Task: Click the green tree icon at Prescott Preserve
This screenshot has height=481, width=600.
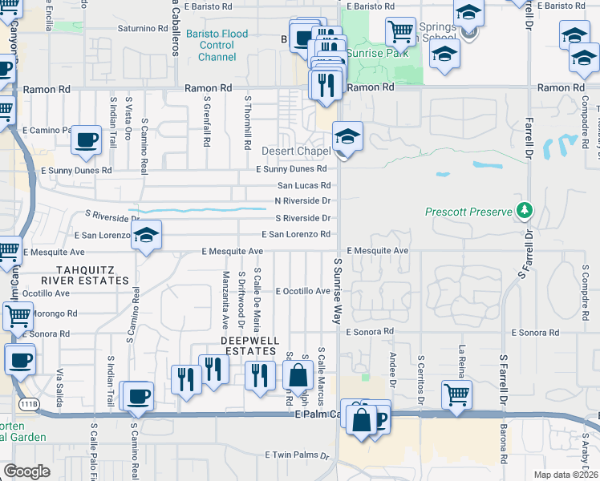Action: coord(525,211)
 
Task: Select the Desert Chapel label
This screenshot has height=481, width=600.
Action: coord(296,151)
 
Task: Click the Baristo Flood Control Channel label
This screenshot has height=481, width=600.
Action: coord(217,45)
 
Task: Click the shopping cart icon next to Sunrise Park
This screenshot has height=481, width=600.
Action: coord(399,32)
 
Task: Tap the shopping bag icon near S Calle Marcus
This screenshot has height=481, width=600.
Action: coord(298,375)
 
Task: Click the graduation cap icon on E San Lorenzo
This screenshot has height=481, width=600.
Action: coord(146,235)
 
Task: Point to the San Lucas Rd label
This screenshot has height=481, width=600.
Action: coord(303,185)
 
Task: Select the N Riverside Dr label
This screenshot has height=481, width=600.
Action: coord(302,200)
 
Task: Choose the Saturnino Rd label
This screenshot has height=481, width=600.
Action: coord(141,27)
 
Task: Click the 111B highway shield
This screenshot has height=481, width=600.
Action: coord(30,404)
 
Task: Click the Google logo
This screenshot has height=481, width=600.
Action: coord(26,471)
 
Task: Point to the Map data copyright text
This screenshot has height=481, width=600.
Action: coord(565,475)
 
